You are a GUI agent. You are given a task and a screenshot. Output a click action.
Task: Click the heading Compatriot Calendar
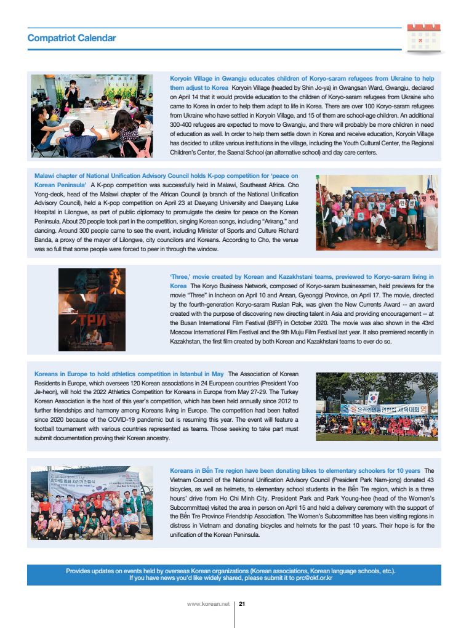click(71, 38)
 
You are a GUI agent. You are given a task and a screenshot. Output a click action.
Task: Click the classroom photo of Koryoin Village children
click(92, 116)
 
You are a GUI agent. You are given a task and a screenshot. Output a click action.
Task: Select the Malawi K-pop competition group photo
click(375, 212)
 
